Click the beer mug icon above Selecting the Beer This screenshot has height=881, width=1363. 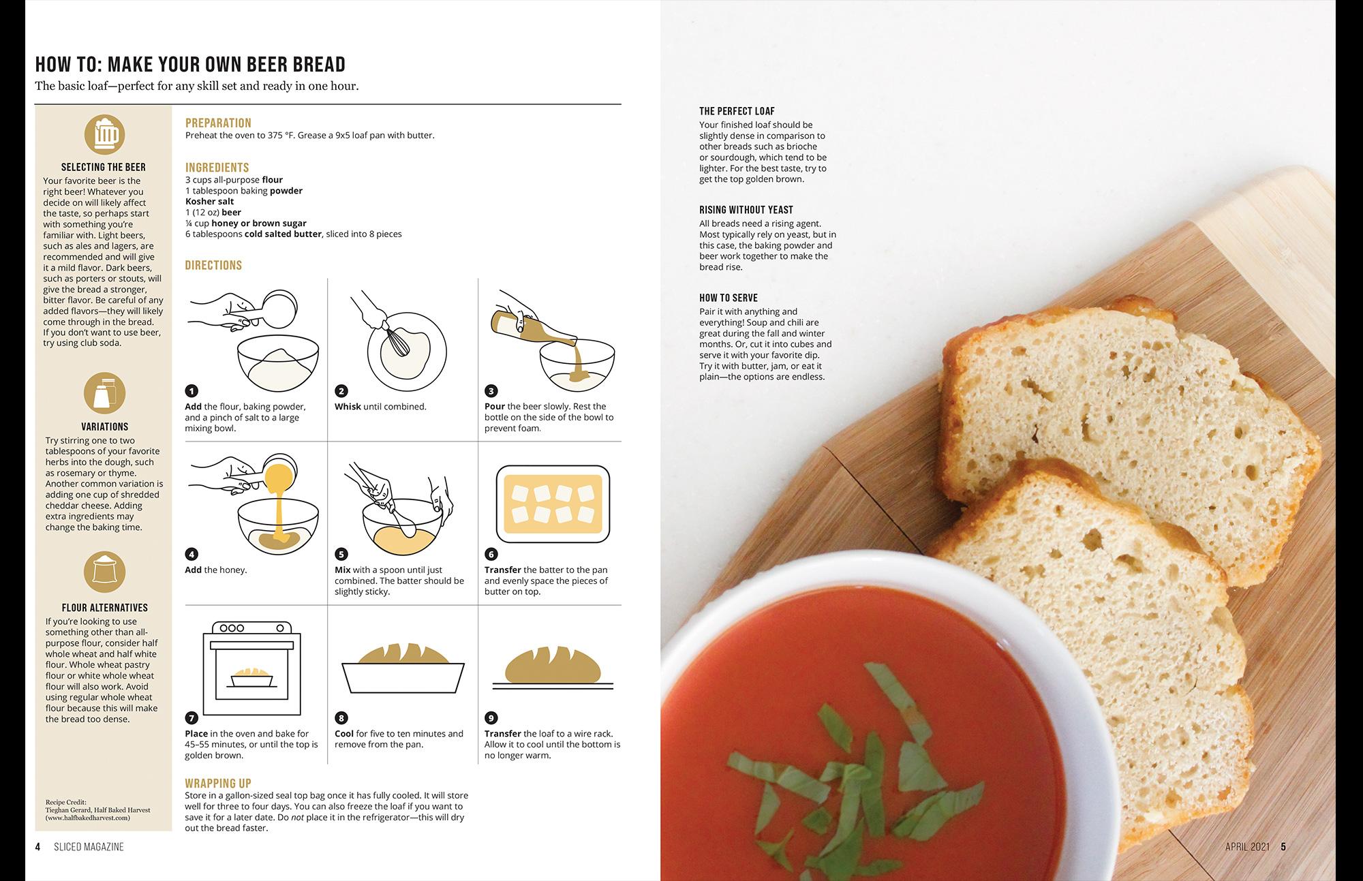(105, 134)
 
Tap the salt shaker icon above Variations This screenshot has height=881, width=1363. (105, 393)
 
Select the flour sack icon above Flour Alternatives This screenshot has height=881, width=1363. (105, 572)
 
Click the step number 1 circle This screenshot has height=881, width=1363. (192, 391)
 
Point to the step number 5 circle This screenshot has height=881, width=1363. (341, 555)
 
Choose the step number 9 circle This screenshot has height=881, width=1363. (491, 718)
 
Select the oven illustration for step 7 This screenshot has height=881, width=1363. (252, 668)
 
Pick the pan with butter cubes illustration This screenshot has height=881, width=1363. (553, 504)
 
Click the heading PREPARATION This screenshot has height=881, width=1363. (218, 123)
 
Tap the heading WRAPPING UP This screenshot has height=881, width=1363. (218, 784)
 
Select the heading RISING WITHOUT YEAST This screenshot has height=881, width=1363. (746, 210)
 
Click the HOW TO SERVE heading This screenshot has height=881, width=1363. (729, 298)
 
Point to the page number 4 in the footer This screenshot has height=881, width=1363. (38, 847)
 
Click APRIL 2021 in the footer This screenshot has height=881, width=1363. (1248, 847)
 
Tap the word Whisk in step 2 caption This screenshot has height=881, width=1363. (348, 407)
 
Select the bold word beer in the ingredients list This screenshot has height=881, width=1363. (231, 213)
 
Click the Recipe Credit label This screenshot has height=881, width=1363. (66, 803)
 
